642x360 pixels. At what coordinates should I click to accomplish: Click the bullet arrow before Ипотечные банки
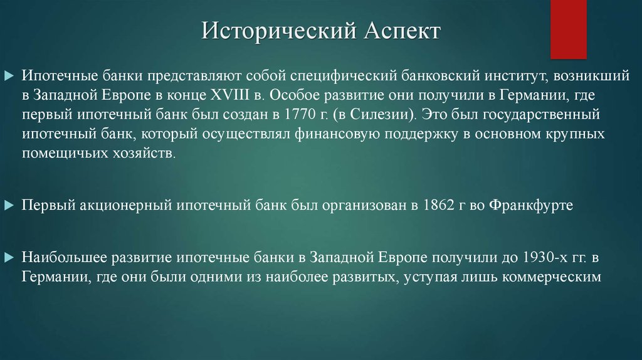coord(9,76)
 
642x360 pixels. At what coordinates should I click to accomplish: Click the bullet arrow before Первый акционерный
coord(9,205)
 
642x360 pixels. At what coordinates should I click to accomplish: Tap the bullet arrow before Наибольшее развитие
coord(9,257)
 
